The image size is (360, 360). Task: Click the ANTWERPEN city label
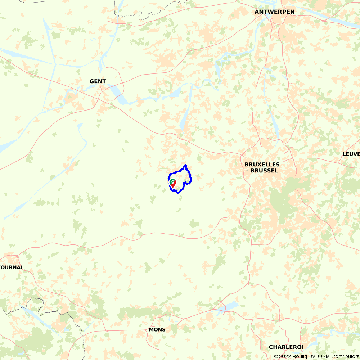point(274,12)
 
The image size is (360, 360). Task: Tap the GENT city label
point(98,81)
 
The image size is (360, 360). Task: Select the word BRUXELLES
point(262,165)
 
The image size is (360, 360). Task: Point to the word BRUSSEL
point(264,171)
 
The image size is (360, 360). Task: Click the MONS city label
point(157,329)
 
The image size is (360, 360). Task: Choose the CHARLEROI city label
point(286,347)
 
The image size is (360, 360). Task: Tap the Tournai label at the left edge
point(11,267)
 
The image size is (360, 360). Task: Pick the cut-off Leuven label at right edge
point(351,154)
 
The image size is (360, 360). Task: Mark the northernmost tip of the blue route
point(185,165)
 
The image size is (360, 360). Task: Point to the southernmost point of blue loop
point(178,193)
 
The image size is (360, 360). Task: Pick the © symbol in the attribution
point(276,356)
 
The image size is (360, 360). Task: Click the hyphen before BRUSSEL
point(247,171)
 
